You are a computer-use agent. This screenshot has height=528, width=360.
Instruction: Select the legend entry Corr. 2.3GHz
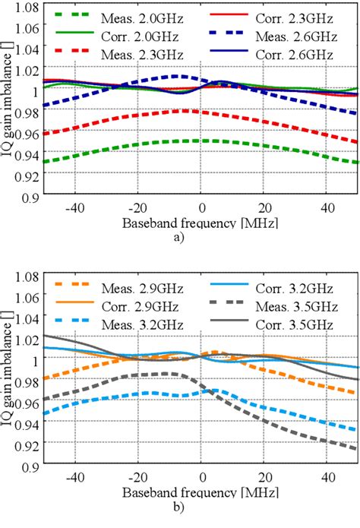[295, 13]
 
